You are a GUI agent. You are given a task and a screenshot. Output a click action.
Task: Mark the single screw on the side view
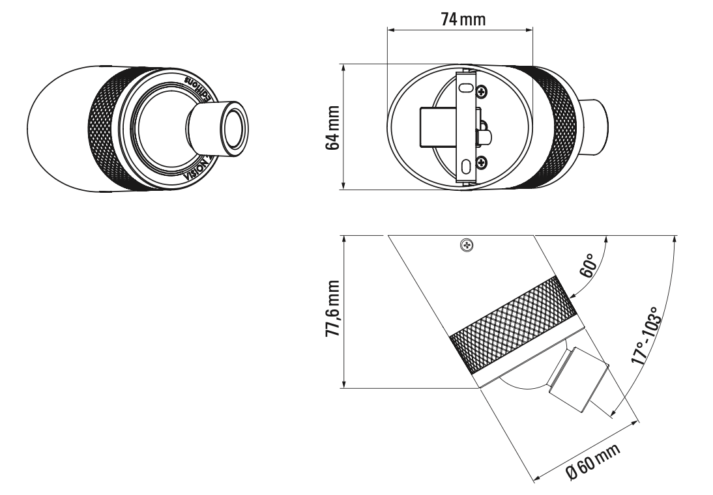pos(467,246)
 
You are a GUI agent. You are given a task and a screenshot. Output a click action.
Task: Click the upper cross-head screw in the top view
pos(480,92)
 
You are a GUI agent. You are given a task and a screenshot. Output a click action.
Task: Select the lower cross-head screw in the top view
pos(480,161)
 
